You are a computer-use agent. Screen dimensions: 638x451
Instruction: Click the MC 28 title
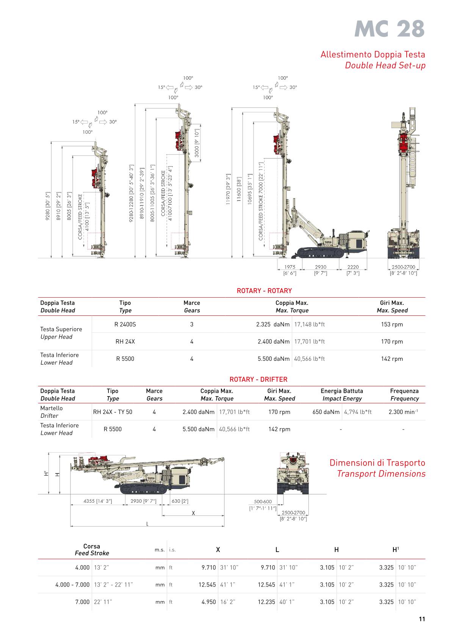[x=389, y=29]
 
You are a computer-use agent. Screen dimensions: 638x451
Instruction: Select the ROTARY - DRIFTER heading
[x=258, y=379]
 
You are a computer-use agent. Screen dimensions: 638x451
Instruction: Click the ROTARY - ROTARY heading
[x=264, y=291]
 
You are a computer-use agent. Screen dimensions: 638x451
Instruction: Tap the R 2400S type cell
[x=125, y=324]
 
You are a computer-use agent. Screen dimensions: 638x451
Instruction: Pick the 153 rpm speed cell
[x=392, y=324]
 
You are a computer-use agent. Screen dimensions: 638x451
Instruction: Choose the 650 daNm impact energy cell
[x=326, y=412]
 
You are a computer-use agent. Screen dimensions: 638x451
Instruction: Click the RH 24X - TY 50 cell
[x=113, y=412]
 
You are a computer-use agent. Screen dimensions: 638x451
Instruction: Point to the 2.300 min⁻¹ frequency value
[x=403, y=412]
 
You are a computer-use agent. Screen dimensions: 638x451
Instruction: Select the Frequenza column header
[x=404, y=391]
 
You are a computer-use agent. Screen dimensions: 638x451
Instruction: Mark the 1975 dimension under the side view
[x=290, y=267]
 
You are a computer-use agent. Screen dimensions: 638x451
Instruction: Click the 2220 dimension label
[x=353, y=267]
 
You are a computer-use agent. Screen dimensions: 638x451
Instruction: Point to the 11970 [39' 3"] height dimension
[x=228, y=189]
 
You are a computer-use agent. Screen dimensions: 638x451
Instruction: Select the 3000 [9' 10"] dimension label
[x=197, y=143]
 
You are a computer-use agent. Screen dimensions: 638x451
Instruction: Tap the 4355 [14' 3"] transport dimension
[x=98, y=501]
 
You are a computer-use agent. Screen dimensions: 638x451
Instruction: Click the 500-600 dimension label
[x=263, y=502]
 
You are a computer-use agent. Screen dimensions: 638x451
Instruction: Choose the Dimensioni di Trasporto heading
[x=377, y=463]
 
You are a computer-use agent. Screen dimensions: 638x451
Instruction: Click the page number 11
[x=422, y=619]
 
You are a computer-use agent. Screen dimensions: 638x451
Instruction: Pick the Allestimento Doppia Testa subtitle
[x=373, y=54]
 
